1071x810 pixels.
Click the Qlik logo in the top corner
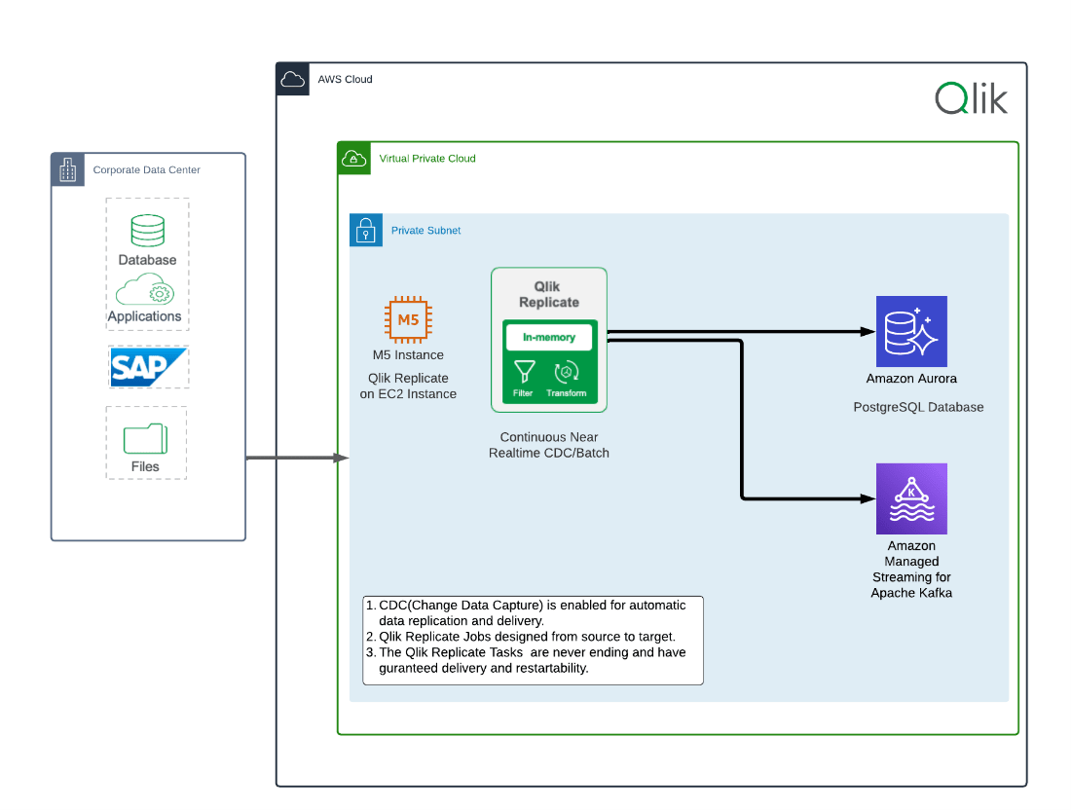pos(971,98)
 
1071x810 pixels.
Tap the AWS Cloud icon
pos(292,80)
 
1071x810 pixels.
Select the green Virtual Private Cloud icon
pos(353,158)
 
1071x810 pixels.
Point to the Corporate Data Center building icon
pos(67,169)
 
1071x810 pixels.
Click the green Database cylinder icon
pos(147,231)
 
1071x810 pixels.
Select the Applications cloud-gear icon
pos(144,290)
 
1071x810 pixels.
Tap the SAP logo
pos(147,367)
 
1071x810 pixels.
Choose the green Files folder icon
pos(145,437)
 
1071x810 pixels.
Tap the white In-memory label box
pos(549,337)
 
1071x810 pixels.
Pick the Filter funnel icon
pos(524,372)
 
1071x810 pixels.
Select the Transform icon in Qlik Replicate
pos(567,372)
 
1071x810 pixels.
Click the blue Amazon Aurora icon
pos(911,331)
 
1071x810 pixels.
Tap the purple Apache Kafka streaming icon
pos(911,498)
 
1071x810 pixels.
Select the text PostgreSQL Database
pos(918,407)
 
